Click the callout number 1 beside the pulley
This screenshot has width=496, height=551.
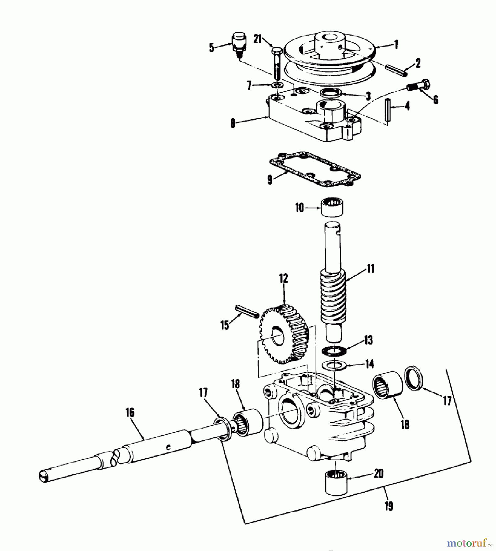(x=397, y=45)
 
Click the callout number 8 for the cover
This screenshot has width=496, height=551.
(x=233, y=123)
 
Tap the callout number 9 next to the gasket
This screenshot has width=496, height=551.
(x=270, y=180)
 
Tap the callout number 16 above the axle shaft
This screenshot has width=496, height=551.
(x=130, y=412)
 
